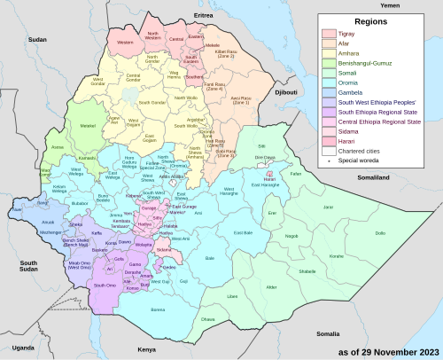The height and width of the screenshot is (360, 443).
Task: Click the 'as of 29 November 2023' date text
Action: pos(386,349)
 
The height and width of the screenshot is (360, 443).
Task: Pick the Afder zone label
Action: pos(271,287)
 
